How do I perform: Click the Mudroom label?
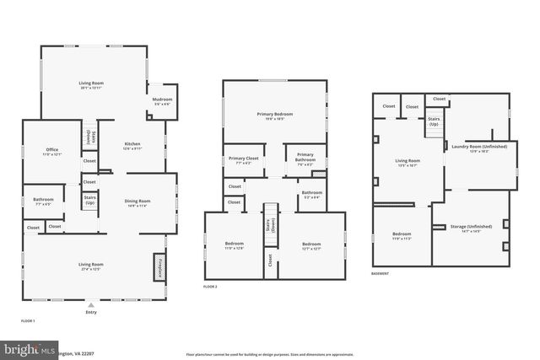click(x=162, y=100)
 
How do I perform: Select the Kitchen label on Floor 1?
click(x=132, y=145)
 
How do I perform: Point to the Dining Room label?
click(x=138, y=202)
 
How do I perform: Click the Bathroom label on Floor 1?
click(x=43, y=201)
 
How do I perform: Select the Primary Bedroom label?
click(x=274, y=116)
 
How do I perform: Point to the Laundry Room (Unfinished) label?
click(x=479, y=148)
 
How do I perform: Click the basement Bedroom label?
click(x=402, y=236)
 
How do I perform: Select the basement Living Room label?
click(x=408, y=165)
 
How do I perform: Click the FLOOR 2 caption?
click(x=210, y=287)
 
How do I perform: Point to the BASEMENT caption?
click(x=381, y=274)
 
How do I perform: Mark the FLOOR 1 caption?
click(x=28, y=321)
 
